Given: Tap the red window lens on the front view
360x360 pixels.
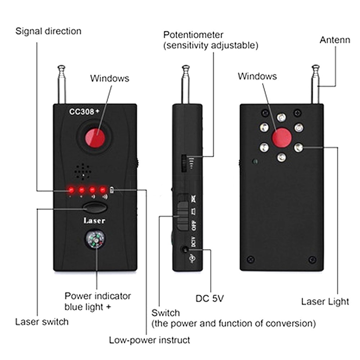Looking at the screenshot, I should coord(95,138).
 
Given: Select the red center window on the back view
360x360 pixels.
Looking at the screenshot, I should coord(282,137).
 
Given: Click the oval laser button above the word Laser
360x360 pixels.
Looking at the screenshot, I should coord(95,208).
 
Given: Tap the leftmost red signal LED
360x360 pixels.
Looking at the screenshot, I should coord(71,189).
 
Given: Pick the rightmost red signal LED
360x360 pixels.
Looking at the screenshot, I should coord(103,189).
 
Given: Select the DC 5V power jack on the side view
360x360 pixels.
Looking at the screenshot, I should coord(185,249).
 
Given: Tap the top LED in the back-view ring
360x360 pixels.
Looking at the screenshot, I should coord(282,117).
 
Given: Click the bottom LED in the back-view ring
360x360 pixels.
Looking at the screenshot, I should coord(282,157).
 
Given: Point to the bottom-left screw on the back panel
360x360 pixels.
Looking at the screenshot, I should coord(251,259).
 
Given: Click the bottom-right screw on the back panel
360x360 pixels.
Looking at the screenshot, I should coord(312,259).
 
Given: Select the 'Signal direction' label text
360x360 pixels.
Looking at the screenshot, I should coord(48,31).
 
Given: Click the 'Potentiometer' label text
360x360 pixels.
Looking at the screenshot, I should coord(193,35).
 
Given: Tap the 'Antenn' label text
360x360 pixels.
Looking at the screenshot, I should coord(335,40).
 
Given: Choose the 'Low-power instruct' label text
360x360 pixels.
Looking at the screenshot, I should coord(149,340).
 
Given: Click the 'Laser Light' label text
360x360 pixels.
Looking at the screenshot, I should coord(325,301).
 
